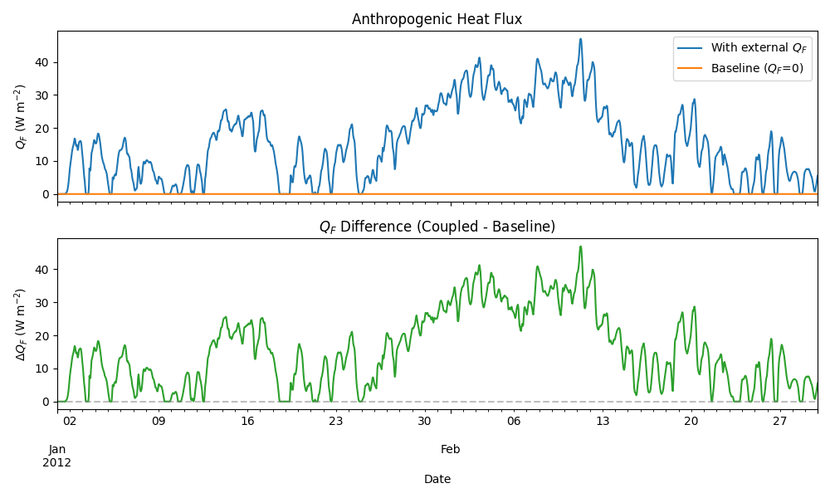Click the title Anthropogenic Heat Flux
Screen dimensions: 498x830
pos(437,19)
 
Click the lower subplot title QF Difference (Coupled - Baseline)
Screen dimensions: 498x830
pos(437,227)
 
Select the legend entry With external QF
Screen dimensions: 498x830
pos(757,47)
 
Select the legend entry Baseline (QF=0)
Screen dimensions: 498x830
pos(757,68)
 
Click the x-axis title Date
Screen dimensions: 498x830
pos(437,479)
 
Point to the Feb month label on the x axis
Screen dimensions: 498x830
pos(450,449)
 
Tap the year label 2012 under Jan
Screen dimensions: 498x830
pos(57,462)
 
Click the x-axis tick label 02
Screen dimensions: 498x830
pos(70,421)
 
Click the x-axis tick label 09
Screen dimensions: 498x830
pos(159,421)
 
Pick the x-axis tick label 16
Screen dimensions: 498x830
pos(247,421)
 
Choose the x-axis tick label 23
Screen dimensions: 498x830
pos(336,421)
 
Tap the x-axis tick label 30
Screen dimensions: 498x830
pos(425,421)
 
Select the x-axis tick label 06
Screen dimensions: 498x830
pos(514,421)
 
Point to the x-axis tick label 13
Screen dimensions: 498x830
pos(603,421)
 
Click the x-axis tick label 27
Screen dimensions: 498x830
pos(780,421)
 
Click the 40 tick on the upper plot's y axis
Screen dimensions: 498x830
pos(41,62)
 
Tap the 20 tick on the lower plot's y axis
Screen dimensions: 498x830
pos(41,335)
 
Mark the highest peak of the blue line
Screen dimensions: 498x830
pos(581,39)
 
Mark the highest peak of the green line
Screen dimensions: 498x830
pos(581,247)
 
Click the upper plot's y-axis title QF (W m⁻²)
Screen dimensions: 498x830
pos(21,117)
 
